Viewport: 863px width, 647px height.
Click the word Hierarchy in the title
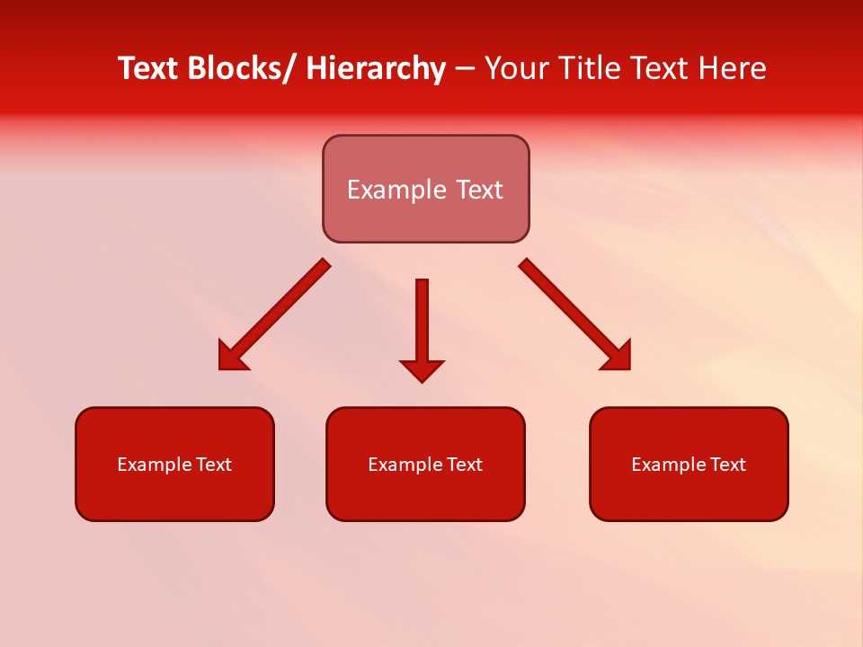coord(376,68)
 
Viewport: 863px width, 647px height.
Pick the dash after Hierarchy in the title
coord(465,70)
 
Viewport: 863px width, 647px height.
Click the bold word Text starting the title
coord(149,68)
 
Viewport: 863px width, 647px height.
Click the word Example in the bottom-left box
coord(155,465)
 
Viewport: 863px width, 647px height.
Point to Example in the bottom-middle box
coord(405,465)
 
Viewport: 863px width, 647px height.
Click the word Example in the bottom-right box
coord(669,465)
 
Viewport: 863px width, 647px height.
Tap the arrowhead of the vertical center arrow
coord(422,369)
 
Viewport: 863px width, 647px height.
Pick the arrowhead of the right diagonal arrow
coord(618,357)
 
